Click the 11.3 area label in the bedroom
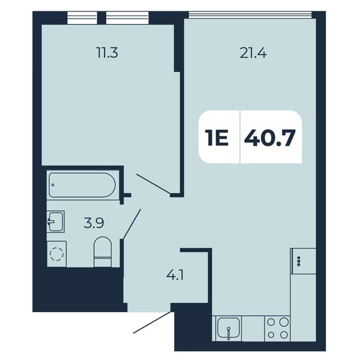tap(107, 53)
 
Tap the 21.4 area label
tap(253, 54)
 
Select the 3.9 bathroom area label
tap(94, 223)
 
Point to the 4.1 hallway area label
tap(175, 275)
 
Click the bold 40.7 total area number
tap(269, 138)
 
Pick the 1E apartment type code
tap(217, 138)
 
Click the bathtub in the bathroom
tap(82, 185)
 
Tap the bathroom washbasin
tap(56, 221)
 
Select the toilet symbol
tap(103, 252)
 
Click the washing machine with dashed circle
tap(57, 254)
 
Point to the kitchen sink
tap(229, 328)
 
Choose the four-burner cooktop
tap(277, 328)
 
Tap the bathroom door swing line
tap(132, 224)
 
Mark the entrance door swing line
tap(152, 322)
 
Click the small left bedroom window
tap(82, 17)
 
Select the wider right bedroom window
tap(127, 17)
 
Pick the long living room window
tap(250, 14)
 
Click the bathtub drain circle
tap(53, 185)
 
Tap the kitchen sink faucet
tap(229, 333)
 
